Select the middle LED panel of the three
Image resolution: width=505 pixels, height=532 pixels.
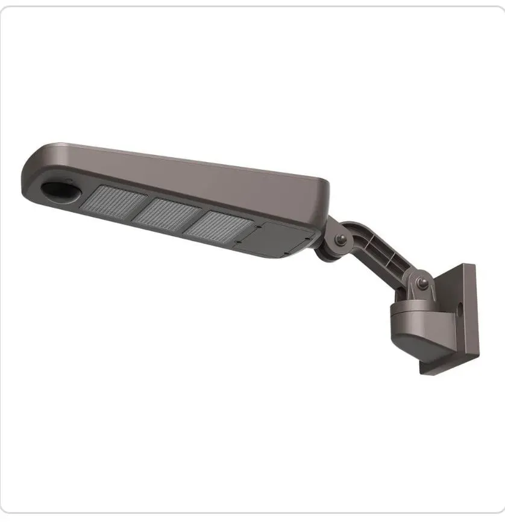(166, 214)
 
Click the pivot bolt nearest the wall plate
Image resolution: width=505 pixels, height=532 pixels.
(423, 284)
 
